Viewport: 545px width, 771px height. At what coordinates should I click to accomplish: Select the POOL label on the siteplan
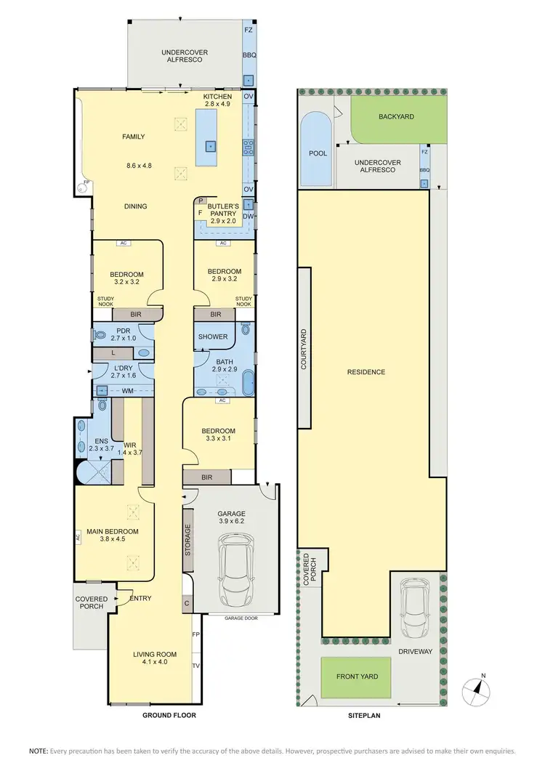(x=318, y=153)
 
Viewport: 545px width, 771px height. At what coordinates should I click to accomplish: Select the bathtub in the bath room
(x=248, y=382)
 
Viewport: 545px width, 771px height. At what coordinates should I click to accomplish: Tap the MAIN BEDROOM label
(x=112, y=531)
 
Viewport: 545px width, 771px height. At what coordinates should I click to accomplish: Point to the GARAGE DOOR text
(x=241, y=618)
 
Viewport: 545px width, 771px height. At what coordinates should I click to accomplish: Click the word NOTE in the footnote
(x=38, y=750)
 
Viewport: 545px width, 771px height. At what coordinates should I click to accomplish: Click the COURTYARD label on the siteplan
(x=304, y=350)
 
